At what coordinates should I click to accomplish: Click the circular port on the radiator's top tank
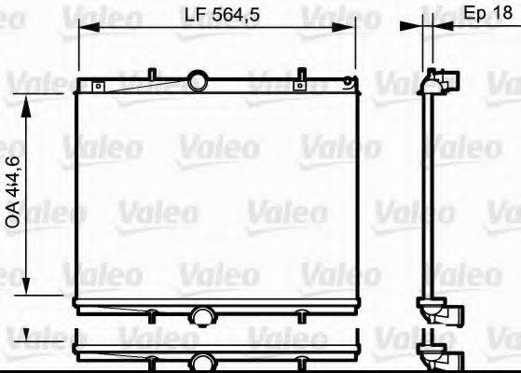click(198, 81)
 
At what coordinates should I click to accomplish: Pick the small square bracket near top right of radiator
click(299, 87)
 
